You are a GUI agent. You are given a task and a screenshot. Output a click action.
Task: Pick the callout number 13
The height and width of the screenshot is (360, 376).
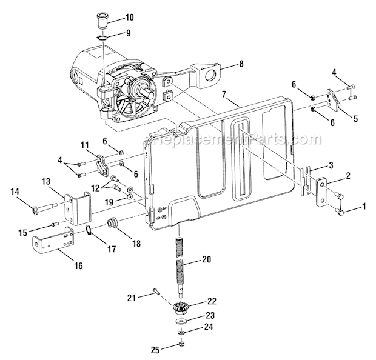coord(45,181)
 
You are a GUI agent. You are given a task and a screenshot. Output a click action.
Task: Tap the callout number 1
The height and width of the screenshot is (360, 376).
coord(363,207)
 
